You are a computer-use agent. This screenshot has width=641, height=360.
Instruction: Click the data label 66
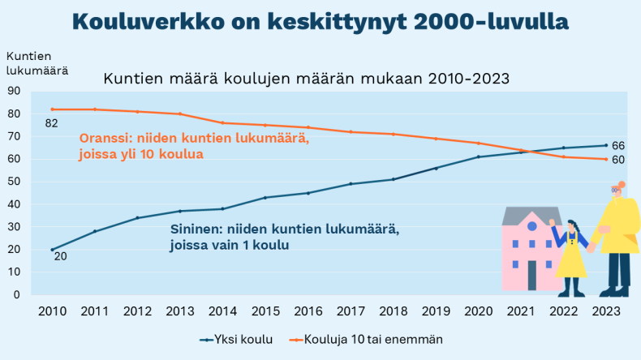pos(617,145)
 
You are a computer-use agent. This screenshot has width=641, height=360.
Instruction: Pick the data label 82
pos(51,122)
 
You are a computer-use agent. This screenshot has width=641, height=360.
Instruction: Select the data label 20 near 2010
pos(61,256)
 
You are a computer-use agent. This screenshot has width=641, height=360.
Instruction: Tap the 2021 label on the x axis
pos(518,311)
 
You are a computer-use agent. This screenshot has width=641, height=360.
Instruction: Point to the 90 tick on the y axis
pos(14,91)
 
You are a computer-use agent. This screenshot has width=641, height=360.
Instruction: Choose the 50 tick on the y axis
pos(14,181)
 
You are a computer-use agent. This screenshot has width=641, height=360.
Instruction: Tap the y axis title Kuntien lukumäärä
pos(37,62)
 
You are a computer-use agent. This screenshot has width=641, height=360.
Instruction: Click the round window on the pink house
pos(531,226)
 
